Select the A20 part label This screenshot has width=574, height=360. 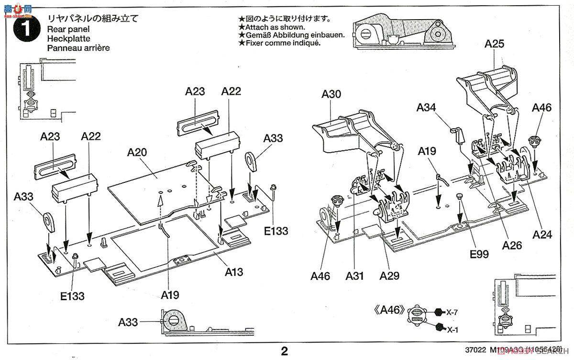click(x=137, y=153)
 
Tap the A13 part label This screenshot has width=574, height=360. click(x=234, y=272)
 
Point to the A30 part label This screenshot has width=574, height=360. click(x=331, y=94)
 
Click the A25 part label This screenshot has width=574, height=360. click(x=494, y=44)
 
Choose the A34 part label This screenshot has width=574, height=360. click(x=426, y=107)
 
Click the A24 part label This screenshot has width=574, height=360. click(x=542, y=235)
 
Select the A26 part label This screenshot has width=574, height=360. click(x=512, y=245)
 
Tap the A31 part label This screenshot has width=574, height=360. click(x=355, y=276)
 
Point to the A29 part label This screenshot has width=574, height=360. click(x=389, y=276)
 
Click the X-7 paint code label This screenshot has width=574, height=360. click(x=452, y=312)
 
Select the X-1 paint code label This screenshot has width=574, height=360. click(x=452, y=329)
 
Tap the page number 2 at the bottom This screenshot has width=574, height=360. click(x=285, y=351)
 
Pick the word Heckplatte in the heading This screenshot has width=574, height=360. click(x=68, y=38)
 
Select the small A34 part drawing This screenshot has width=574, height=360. click(x=458, y=135)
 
